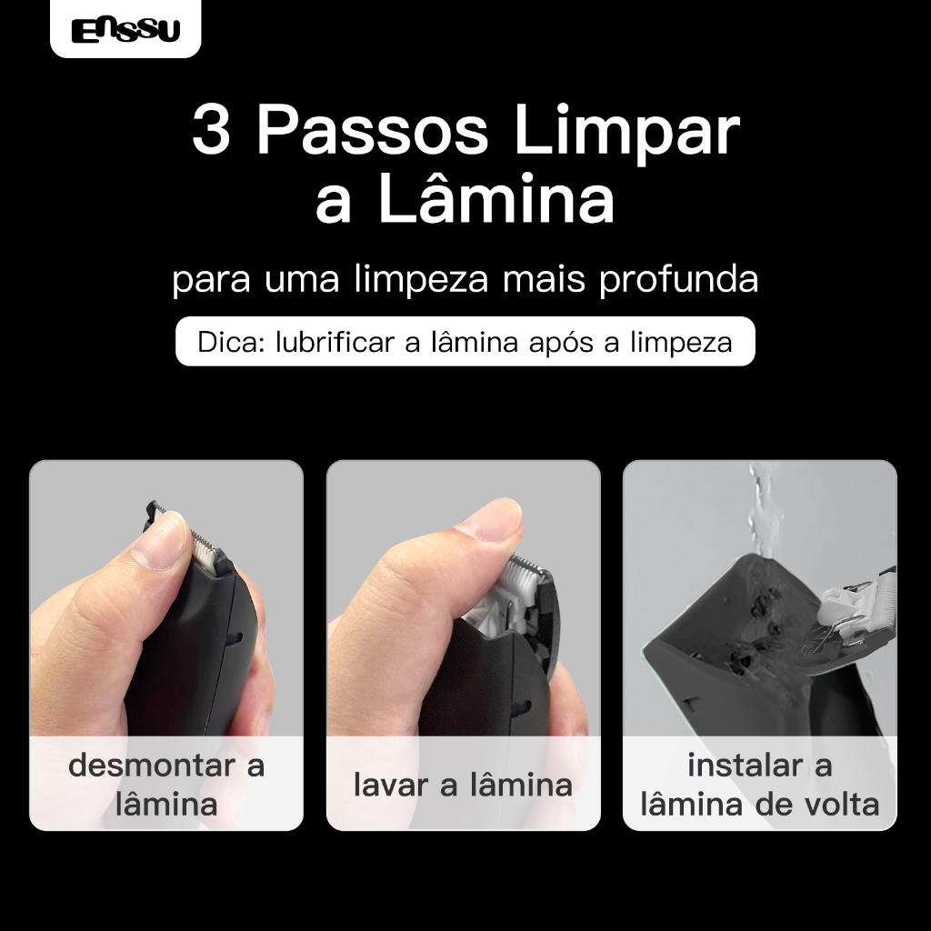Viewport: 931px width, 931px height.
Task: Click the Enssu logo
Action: pos(125,30)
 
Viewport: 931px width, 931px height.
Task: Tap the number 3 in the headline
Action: pos(211,129)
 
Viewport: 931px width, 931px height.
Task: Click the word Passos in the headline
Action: pos(372,129)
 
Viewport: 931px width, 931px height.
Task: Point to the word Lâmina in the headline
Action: pos(496,197)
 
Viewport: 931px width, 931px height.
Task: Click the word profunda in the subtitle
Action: pos(678,278)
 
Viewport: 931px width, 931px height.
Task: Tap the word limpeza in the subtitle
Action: pos(421,278)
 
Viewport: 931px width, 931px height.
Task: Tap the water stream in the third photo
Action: pos(758,511)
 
